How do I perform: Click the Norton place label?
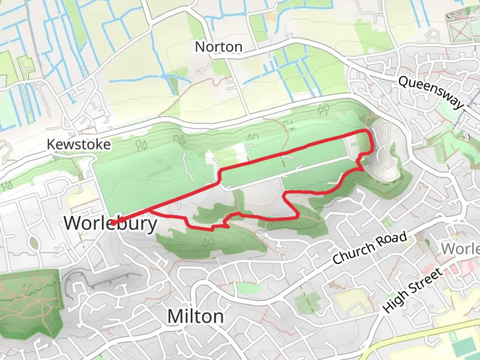click(x=218, y=47)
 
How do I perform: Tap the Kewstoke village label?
click(x=79, y=144)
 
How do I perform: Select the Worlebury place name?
click(x=111, y=223)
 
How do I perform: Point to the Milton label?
click(x=195, y=316)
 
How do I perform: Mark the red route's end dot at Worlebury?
click(x=113, y=223)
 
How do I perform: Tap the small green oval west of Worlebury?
click(x=33, y=242)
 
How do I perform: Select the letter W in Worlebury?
click(x=72, y=223)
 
